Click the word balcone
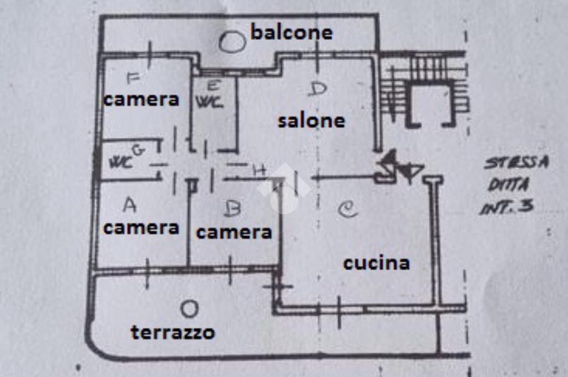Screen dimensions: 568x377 point(292,32)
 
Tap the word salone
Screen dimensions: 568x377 point(311,121)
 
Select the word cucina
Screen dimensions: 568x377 point(376,263)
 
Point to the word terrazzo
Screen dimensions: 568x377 point(173,333)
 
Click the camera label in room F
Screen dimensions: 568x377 point(141,100)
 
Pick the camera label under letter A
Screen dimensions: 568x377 point(141,228)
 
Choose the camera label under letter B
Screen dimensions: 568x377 point(234,233)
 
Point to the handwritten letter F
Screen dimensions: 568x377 point(133,78)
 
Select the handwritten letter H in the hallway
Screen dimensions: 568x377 point(258,171)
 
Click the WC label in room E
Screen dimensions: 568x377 point(209,102)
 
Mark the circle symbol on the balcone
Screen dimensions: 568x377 point(231,42)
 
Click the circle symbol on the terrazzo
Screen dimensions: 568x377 point(189,308)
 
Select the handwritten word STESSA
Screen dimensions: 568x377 point(516,163)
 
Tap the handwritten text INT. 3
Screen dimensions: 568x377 point(506,208)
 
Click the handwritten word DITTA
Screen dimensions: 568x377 point(508,185)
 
